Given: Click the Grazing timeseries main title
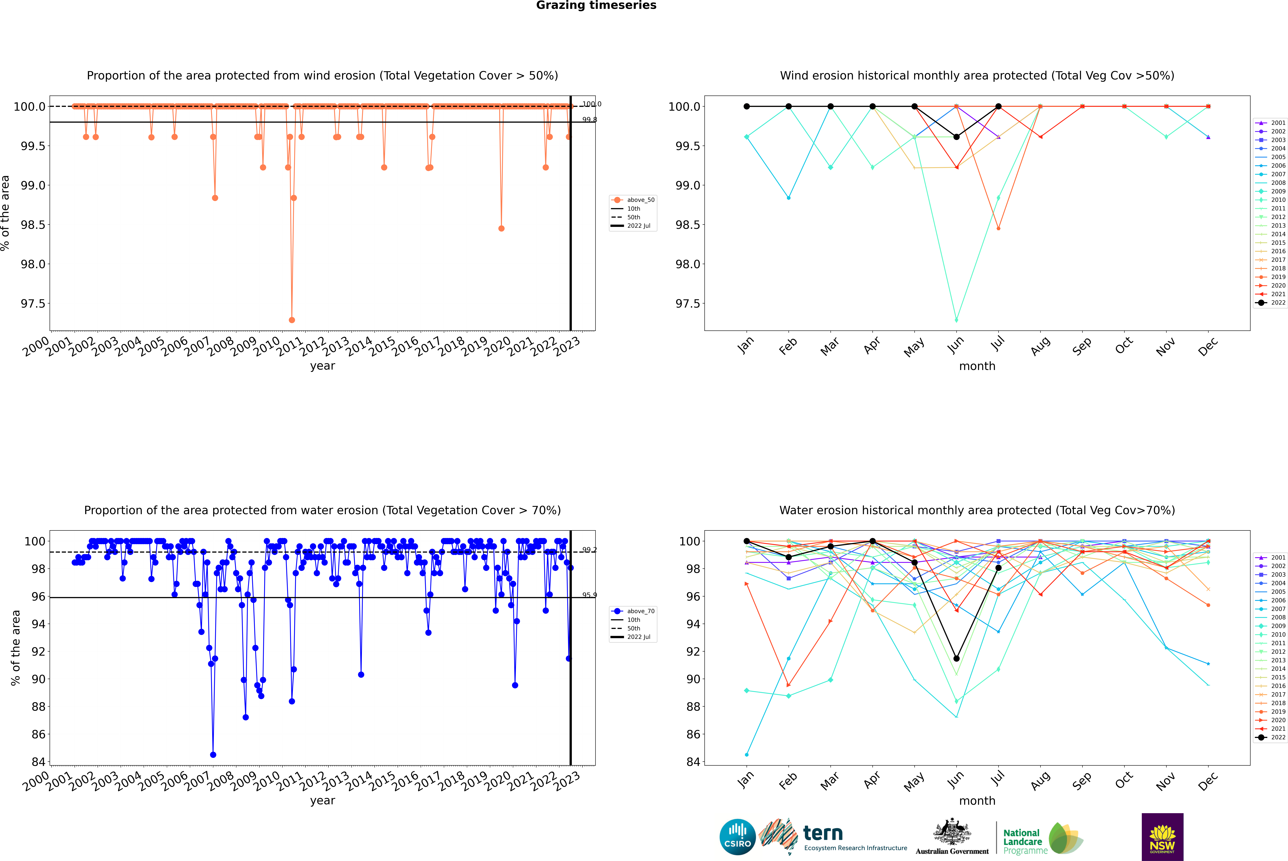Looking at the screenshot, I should pos(596,5).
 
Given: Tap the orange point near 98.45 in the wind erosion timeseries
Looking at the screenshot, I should pos(501,228).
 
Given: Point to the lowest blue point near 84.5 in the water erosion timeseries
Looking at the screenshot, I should pos(213,754).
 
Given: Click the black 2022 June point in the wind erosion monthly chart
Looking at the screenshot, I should pos(956,137).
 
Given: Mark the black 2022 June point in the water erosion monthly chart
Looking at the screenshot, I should pos(956,658).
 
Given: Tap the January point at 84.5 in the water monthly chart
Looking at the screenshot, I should pos(747,754).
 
